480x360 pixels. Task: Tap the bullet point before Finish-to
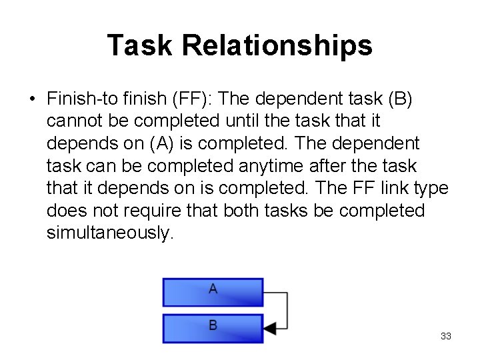[32, 99]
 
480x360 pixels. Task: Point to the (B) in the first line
[399, 99]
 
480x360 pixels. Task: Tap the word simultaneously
[110, 233]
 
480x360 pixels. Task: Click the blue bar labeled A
[213, 292]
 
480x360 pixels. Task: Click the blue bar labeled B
[213, 327]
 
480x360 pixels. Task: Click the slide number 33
[446, 336]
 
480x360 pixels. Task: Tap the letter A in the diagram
[213, 289]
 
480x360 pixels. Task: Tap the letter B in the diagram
[213, 325]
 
